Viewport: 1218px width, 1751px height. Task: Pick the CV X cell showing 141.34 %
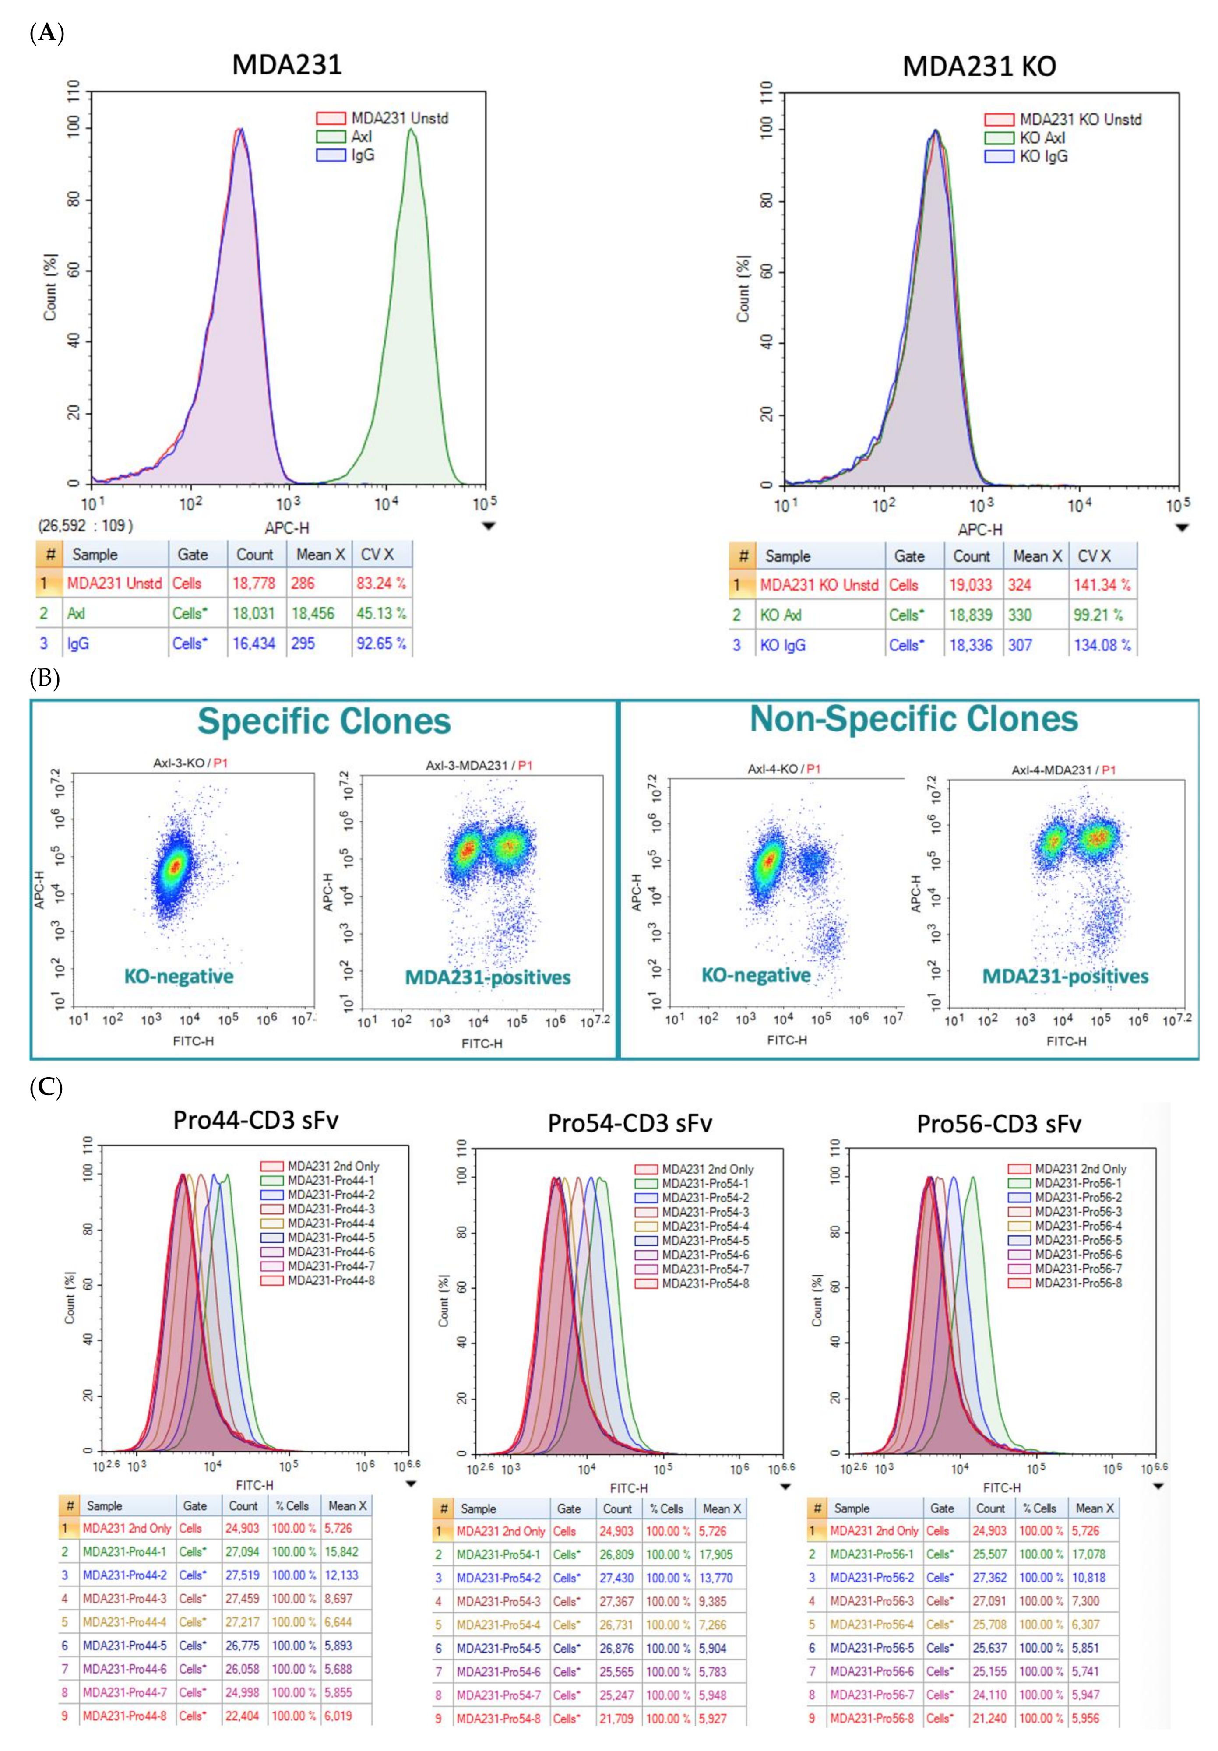[x=1101, y=585]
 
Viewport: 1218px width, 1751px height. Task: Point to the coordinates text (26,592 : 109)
[x=85, y=525]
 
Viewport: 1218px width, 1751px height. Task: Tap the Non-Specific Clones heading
[x=914, y=719]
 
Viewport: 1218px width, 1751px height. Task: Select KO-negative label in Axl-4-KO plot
[x=756, y=975]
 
